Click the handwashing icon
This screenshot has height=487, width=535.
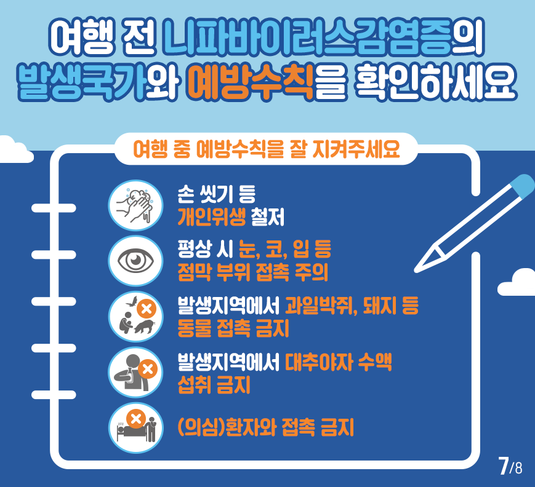pyautogui.click(x=135, y=205)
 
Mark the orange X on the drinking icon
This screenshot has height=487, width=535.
pyautogui.click(x=148, y=370)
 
